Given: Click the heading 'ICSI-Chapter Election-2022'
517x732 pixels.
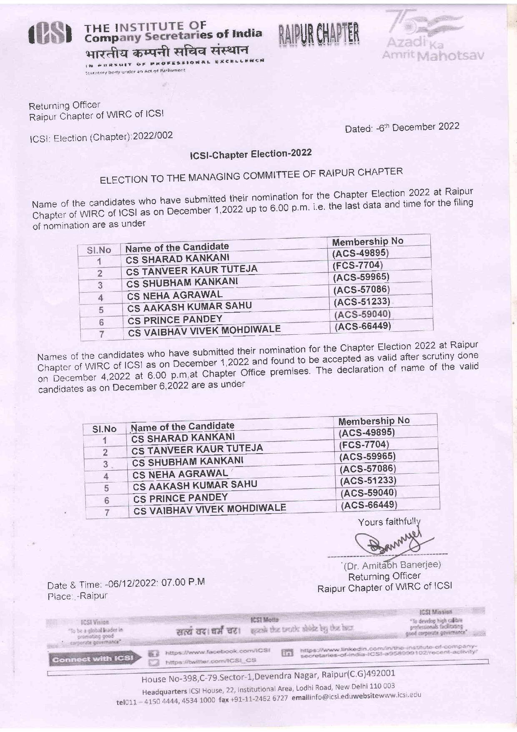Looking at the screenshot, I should (x=251, y=154).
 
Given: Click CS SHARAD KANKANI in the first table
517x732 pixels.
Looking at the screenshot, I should (x=178, y=258).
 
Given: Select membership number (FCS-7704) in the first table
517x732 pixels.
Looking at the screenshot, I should (x=357, y=265).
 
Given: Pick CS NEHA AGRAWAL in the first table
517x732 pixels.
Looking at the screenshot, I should (x=175, y=295).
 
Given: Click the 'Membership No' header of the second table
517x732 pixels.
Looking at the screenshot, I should (x=374, y=420).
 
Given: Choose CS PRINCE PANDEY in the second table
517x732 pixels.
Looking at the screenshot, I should (x=181, y=498).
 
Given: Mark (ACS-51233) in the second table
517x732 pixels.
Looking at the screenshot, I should (x=368, y=480).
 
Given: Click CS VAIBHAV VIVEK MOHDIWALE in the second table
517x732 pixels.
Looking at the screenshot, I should (x=209, y=509).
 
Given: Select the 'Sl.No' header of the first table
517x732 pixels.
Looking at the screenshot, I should (x=99, y=250).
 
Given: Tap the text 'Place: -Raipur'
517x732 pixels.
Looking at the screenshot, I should (x=78, y=596).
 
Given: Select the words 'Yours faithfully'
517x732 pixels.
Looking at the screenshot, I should (x=389, y=522).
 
